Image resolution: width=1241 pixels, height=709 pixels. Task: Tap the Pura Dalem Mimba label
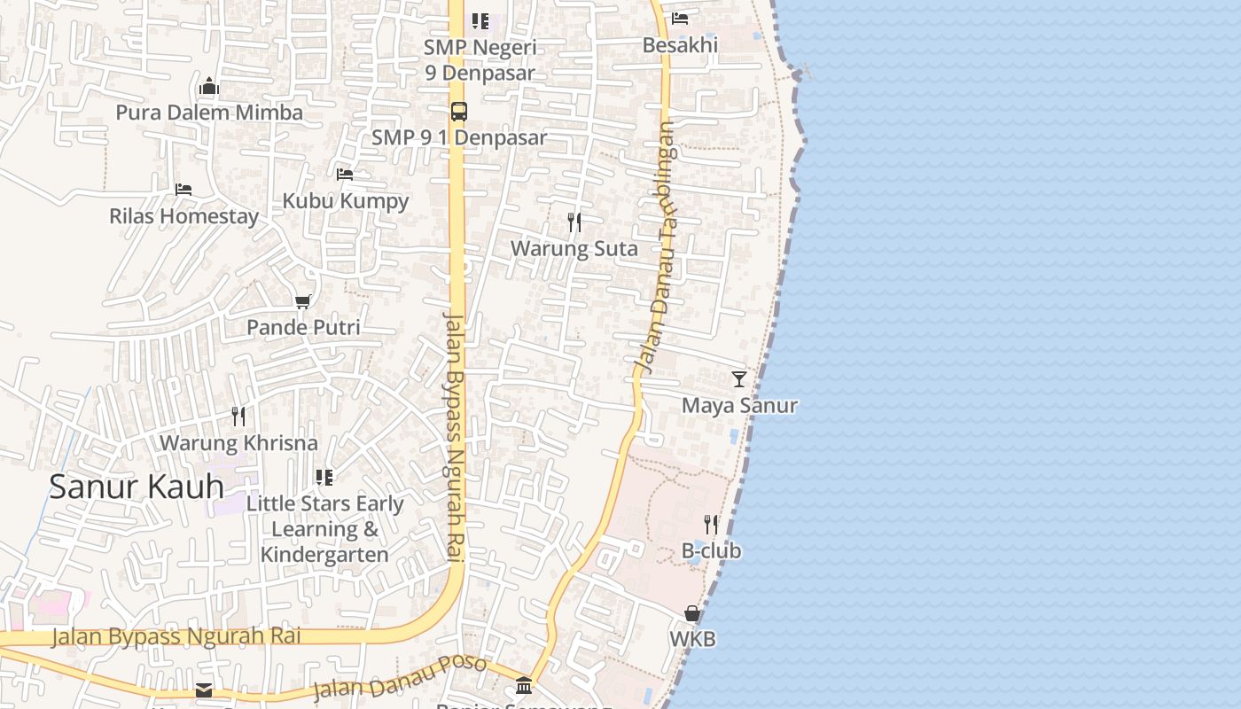209,113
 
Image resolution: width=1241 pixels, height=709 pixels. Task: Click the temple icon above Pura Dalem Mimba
209,86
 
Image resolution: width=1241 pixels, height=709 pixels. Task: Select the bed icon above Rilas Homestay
183,190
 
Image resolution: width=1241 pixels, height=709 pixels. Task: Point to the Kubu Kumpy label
346,201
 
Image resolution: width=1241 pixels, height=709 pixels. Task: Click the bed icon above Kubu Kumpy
345,175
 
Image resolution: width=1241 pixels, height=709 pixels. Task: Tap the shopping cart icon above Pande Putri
303,301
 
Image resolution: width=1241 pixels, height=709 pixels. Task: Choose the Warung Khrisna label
238,442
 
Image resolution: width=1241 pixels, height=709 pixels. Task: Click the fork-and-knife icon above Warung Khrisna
238,416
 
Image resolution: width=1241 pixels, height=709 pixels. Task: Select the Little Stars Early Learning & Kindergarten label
324,529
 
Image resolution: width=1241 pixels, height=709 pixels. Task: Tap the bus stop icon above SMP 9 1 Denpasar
458,112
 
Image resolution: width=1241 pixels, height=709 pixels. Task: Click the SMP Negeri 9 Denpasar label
480,59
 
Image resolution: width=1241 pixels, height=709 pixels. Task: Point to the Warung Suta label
574,249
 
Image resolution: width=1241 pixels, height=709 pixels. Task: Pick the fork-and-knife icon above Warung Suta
574,222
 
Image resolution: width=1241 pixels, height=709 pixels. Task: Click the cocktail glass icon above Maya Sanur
739,379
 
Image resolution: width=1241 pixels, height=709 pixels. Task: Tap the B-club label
711,550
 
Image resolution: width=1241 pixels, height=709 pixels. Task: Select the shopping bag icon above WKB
692,613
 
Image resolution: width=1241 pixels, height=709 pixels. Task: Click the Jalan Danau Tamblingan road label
655,248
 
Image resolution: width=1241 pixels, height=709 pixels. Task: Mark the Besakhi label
680,44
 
